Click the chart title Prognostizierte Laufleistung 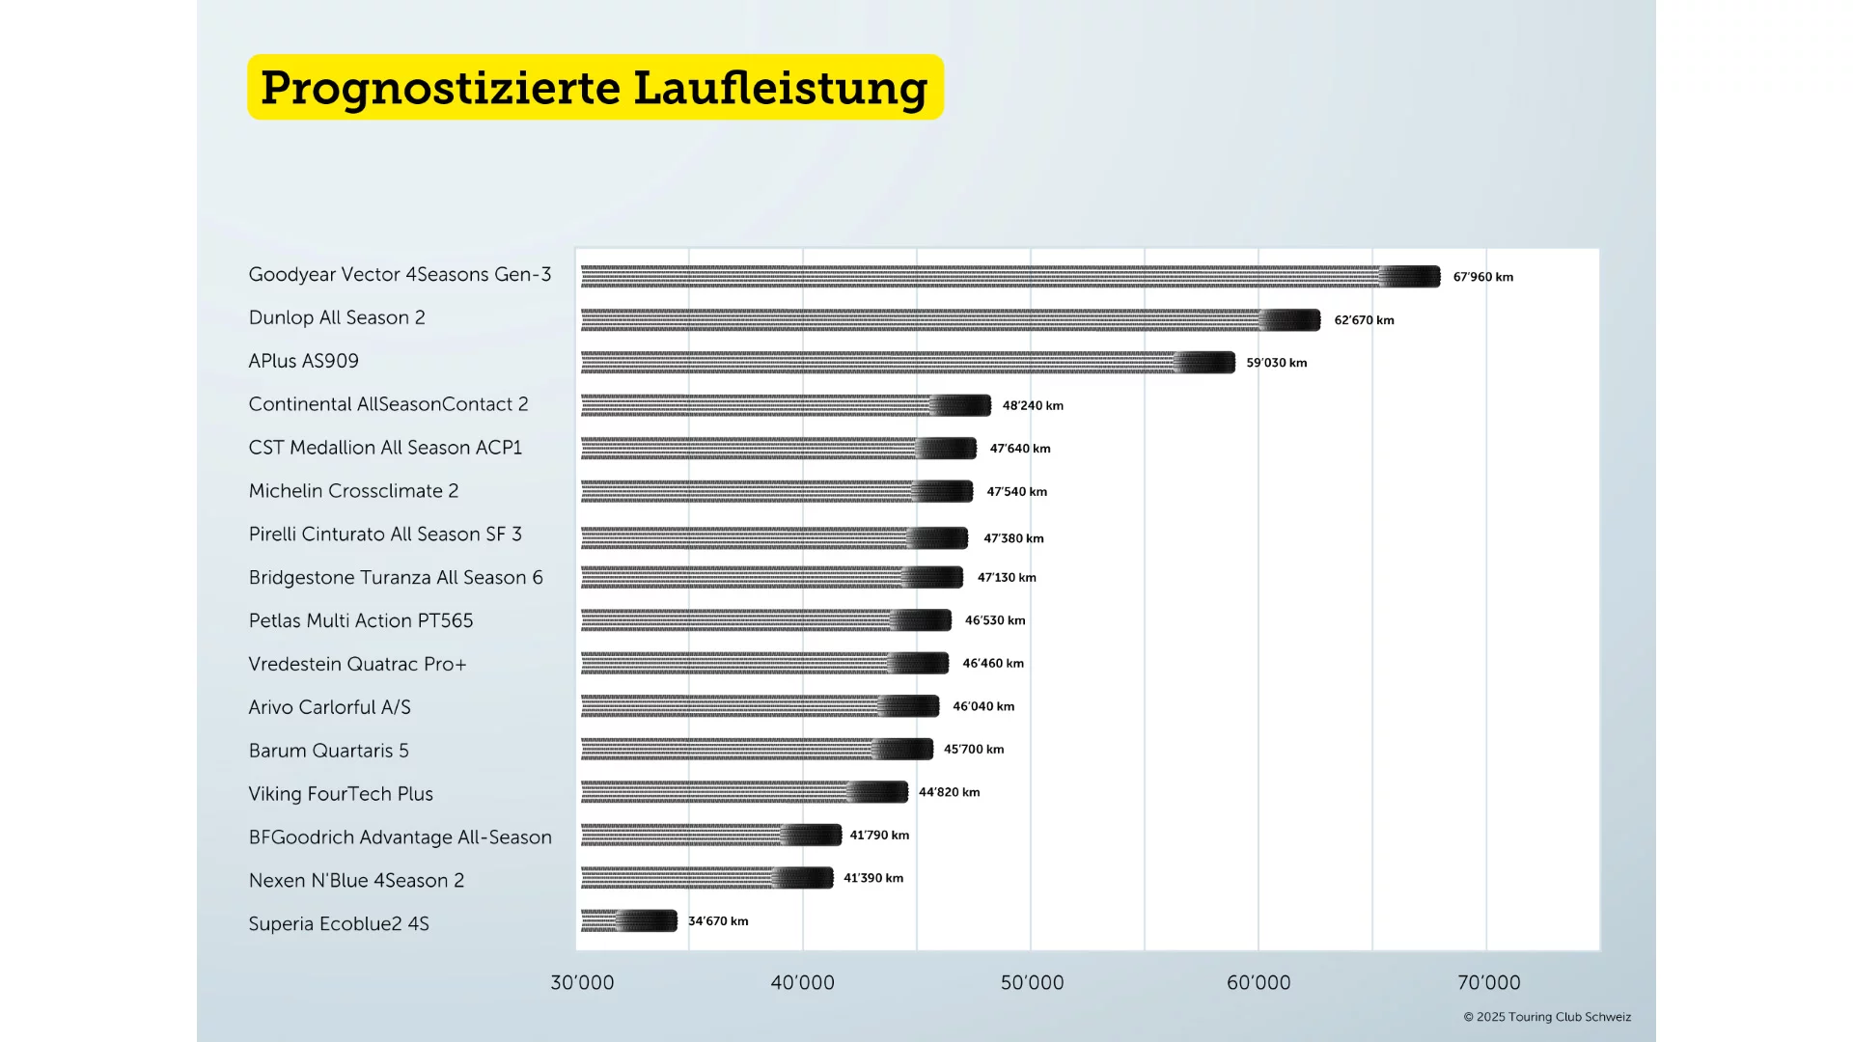pos(595,88)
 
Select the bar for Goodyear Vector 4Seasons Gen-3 pos(1009,277)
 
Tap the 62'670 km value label pos(1364,320)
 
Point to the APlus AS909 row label pos(303,361)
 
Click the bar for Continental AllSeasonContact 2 pos(786,405)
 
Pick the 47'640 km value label pos(1020,449)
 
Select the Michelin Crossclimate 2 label pos(353,491)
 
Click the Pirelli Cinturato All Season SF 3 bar pos(774,537)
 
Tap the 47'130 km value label pos(1007,578)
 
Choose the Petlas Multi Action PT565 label pos(361,620)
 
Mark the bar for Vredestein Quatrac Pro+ pos(764,663)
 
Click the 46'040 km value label pos(983,706)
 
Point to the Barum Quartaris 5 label pos(328,751)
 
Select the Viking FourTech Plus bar pos(744,792)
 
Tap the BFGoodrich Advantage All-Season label pos(400,837)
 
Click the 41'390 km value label pos(873,878)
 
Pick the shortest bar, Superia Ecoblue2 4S pos(629,921)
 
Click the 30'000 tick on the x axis pos(582,983)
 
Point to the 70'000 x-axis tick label pos(1488,983)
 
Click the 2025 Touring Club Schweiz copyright pos(1547,1017)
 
